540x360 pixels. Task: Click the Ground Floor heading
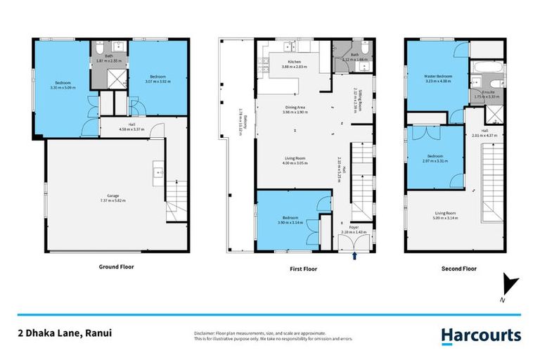[x=116, y=266]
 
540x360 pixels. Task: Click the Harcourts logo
[x=481, y=336]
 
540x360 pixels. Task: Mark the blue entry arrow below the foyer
[x=354, y=257]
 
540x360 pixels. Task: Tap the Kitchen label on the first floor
[x=295, y=63]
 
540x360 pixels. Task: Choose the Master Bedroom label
[x=437, y=76]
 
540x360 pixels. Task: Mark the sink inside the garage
[x=158, y=171]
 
